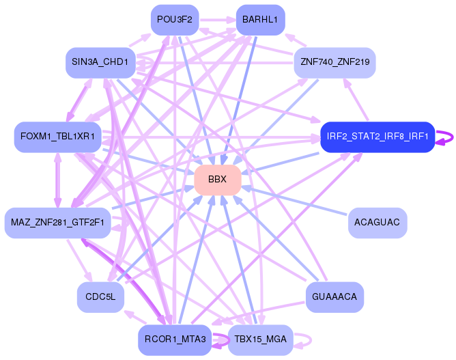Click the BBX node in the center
tap(218, 180)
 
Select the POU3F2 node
tap(175, 20)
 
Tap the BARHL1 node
tap(260, 20)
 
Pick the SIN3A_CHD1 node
tap(100, 62)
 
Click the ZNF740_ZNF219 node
tap(334, 62)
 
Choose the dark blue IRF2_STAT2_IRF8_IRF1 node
tap(377, 137)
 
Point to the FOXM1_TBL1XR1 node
tap(57, 137)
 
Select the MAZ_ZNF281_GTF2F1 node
tap(57, 223)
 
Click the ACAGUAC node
tap(377, 223)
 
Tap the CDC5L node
tap(100, 297)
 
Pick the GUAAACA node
tap(334, 297)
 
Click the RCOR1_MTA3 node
tap(175, 340)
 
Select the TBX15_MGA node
tap(260, 340)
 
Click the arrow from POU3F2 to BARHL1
tap(218, 20)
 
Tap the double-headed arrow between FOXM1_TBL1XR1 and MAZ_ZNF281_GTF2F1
tap(58, 180)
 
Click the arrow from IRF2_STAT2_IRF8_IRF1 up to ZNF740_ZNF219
tap(356, 100)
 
